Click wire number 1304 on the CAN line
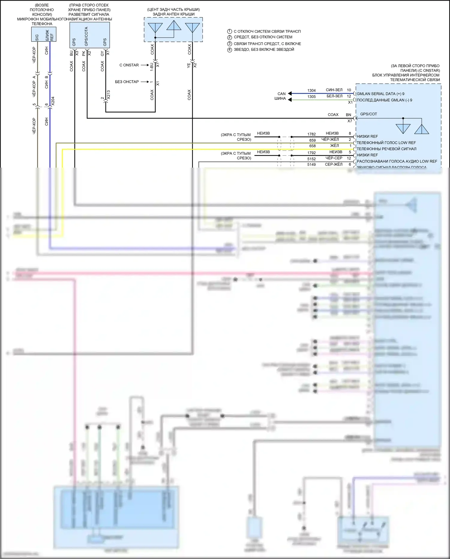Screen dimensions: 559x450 pyautogui.click(x=311, y=90)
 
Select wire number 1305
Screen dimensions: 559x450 pyautogui.click(x=311, y=97)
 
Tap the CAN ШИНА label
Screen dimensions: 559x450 pyautogui.click(x=280, y=96)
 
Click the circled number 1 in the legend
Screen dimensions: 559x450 pyautogui.click(x=229, y=31)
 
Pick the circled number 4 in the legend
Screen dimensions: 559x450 pyautogui.click(x=229, y=50)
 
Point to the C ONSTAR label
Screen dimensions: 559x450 pyautogui.click(x=129, y=65)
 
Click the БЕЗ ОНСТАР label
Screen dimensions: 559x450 pyautogui.click(x=127, y=82)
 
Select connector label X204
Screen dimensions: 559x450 pyautogui.click(x=53, y=101)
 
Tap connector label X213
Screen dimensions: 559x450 pyautogui.click(x=108, y=95)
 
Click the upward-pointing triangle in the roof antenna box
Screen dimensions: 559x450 pyautogui.click(x=174, y=26)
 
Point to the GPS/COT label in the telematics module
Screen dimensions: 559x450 pyautogui.click(x=368, y=114)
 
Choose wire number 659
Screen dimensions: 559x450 pyautogui.click(x=312, y=140)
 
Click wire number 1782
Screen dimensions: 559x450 pyautogui.click(x=311, y=134)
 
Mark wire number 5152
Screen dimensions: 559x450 pyautogui.click(x=311, y=159)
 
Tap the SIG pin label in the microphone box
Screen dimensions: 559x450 pyautogui.click(x=37, y=38)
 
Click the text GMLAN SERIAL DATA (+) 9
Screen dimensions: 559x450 pyautogui.click(x=380, y=94)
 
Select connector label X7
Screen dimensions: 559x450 pyautogui.click(x=349, y=121)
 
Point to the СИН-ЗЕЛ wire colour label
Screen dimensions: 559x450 pyautogui.click(x=334, y=90)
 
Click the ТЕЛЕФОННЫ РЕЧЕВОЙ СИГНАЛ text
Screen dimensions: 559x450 pyautogui.click(x=386, y=149)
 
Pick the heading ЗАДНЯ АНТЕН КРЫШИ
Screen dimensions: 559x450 pyautogui.click(x=173, y=14)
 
